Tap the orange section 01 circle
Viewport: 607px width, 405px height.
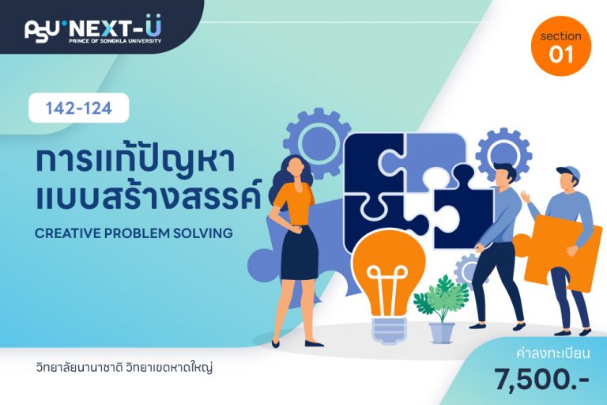pos(561,46)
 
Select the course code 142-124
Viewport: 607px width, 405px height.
pos(78,108)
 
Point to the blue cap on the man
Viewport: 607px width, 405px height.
pos(569,172)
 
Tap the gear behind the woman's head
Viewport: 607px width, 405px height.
pos(318,142)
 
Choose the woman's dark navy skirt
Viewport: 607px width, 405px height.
pos(300,252)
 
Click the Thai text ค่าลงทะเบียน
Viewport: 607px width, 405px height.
pos(553,354)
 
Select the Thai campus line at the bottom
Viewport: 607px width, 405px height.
pos(124,367)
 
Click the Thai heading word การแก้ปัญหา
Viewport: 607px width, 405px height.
pos(135,162)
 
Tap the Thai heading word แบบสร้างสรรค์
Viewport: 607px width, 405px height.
pos(148,196)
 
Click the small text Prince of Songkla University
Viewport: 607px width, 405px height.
pos(115,40)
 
